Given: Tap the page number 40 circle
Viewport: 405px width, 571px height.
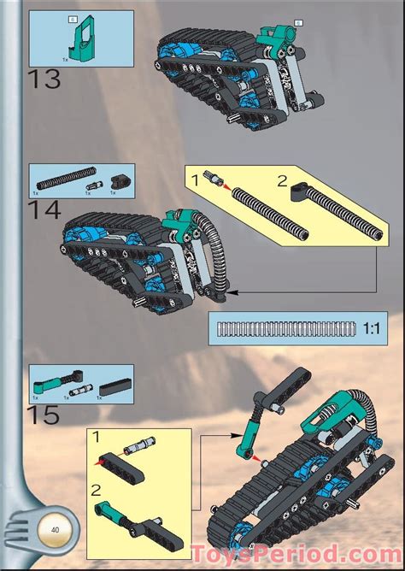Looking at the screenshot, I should pyautogui.click(x=55, y=531).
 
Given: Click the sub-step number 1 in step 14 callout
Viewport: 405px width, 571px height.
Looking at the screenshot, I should pyautogui.click(x=195, y=179).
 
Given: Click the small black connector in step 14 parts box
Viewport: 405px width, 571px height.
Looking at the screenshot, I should pyautogui.click(x=118, y=181).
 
